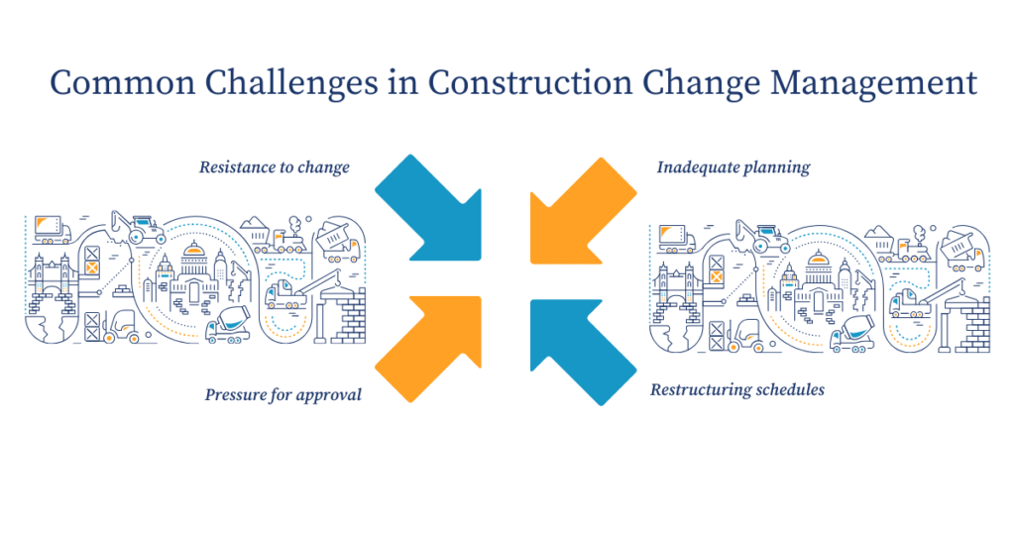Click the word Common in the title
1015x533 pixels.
click(110, 83)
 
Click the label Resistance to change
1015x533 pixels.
click(274, 167)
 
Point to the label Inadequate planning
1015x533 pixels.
click(733, 167)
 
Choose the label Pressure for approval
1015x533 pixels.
click(282, 394)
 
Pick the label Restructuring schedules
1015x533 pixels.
click(736, 389)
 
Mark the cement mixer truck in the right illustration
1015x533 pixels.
click(849, 336)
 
